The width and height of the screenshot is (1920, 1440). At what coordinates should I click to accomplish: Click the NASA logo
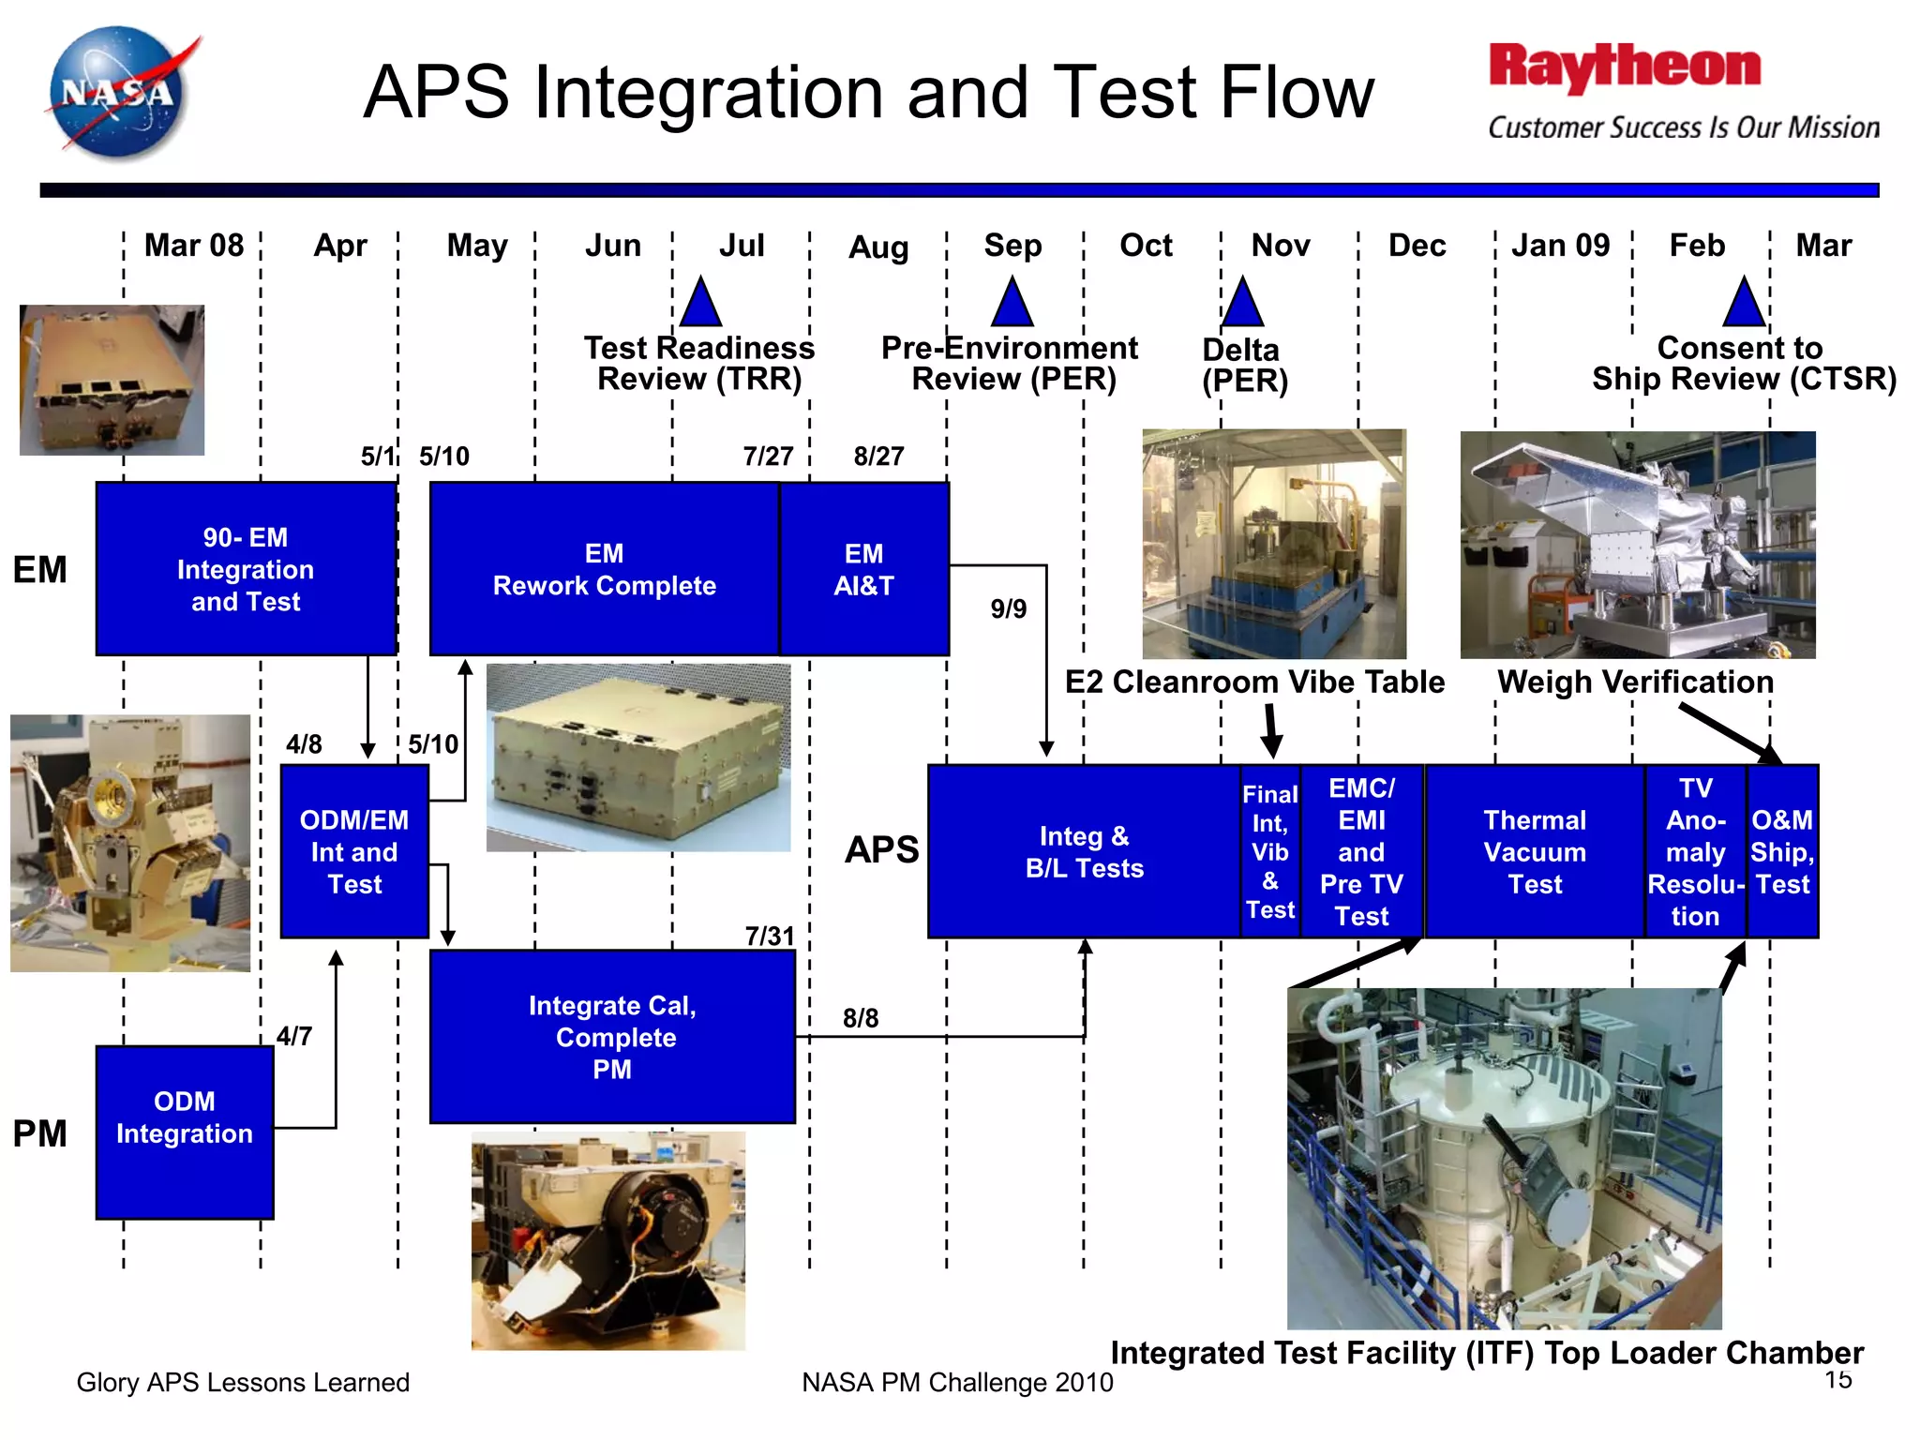(x=119, y=93)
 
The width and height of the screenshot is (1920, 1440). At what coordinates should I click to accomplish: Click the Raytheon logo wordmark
(x=1625, y=67)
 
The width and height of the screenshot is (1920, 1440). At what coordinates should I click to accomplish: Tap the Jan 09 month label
(x=1560, y=246)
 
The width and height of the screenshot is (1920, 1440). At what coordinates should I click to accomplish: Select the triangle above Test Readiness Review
(x=700, y=304)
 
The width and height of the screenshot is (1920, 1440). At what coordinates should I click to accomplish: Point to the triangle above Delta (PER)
(x=1242, y=304)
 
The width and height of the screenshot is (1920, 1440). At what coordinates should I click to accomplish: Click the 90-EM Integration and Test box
(x=247, y=569)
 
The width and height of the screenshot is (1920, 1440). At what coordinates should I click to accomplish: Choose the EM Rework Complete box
(x=605, y=569)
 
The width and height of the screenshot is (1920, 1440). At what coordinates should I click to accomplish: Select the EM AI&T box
(x=863, y=569)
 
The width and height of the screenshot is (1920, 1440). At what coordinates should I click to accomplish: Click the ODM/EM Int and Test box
(x=354, y=851)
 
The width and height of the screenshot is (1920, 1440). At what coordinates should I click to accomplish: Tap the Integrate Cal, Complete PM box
(x=612, y=1037)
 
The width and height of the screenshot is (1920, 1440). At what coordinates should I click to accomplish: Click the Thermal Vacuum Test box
(x=1535, y=851)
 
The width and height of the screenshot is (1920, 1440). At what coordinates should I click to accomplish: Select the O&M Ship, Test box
(x=1782, y=851)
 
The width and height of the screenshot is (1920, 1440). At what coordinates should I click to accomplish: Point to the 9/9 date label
(x=1009, y=609)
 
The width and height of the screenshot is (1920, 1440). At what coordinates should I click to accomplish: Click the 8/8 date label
(x=861, y=1018)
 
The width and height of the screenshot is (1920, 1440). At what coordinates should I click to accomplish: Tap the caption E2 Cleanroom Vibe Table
(x=1254, y=682)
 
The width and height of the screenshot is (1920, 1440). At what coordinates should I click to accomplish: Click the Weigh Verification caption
(x=1635, y=682)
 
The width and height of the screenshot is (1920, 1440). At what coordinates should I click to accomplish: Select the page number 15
(x=1838, y=1379)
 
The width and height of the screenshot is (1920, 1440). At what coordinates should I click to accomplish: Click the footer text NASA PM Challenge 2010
(x=957, y=1383)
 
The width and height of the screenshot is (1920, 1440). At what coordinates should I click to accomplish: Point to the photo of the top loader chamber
(x=1504, y=1159)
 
